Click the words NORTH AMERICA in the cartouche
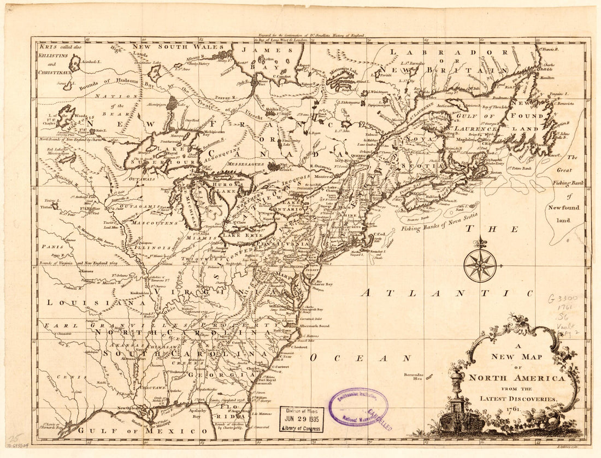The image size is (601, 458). pos(517,378)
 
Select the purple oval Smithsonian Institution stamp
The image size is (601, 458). pos(359,407)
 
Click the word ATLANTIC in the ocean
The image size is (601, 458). pos(445,293)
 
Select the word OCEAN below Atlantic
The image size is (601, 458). pos(360,358)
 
